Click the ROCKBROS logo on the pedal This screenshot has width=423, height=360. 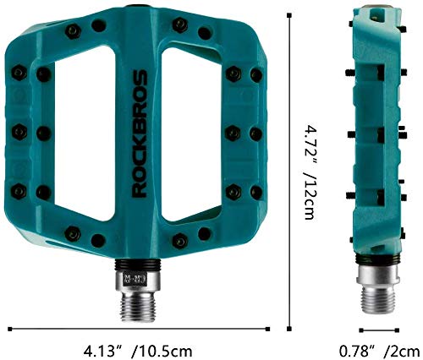(140, 134)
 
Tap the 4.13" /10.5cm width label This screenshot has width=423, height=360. (138, 352)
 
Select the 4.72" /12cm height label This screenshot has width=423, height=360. (310, 172)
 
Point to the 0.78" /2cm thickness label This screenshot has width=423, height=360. (379, 352)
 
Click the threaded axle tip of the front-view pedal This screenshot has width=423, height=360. (138, 307)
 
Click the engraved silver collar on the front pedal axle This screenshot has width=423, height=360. (138, 281)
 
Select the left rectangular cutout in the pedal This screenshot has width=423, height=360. (85, 133)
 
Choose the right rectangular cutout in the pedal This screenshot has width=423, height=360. (191, 133)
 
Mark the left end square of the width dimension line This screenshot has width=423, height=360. (10, 329)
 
